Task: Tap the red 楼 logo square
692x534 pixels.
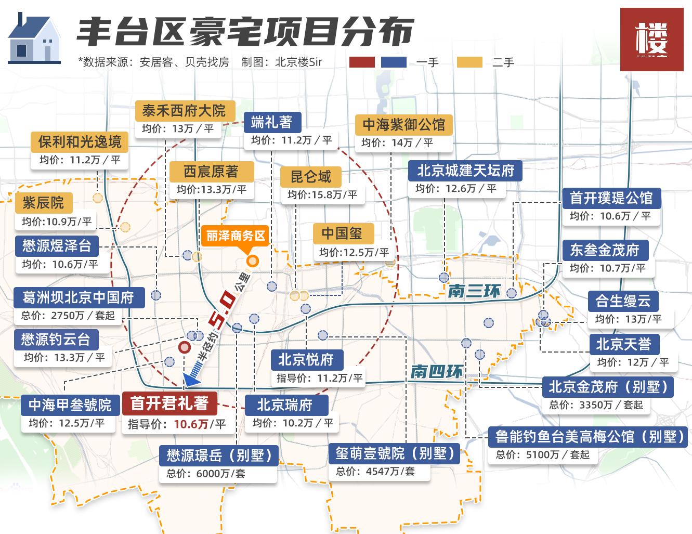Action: click(x=651, y=40)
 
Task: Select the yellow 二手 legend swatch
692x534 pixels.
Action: click(x=469, y=62)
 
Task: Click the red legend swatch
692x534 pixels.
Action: click(x=362, y=62)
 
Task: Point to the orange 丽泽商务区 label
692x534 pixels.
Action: click(x=236, y=236)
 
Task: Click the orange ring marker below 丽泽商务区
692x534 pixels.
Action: click(x=252, y=261)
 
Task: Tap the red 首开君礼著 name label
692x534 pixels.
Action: click(x=169, y=403)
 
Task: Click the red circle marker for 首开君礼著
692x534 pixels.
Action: click(x=184, y=347)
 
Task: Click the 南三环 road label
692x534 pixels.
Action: click(x=474, y=291)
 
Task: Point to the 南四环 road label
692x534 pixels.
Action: click(x=436, y=371)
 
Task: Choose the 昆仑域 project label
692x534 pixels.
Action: click(x=310, y=177)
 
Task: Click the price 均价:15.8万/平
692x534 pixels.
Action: click(x=322, y=194)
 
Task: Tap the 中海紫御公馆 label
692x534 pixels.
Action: click(x=403, y=125)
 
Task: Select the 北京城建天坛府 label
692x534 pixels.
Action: click(x=465, y=170)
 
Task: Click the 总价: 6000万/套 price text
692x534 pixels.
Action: click(x=206, y=473)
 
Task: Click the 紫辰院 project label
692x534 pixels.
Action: click(x=43, y=203)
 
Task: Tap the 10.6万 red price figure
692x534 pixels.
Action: click(x=191, y=424)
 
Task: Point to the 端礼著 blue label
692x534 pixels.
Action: click(x=272, y=122)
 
